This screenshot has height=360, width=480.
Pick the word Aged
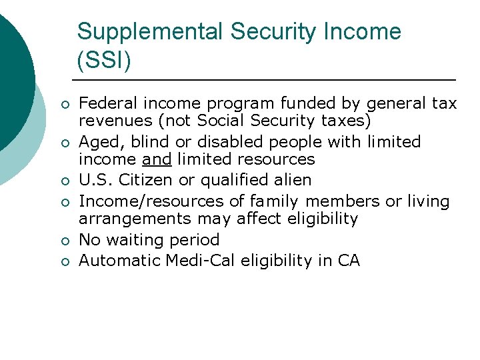tap(95, 142)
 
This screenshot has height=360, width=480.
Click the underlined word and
tap(157, 159)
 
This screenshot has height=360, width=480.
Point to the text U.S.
tap(95, 180)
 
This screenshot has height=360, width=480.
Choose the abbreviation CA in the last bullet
tap(348, 260)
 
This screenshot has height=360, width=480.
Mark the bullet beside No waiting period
tap(64, 241)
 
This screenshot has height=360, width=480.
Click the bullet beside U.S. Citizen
tap(64, 181)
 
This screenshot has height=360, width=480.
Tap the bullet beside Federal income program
tap(64, 105)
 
